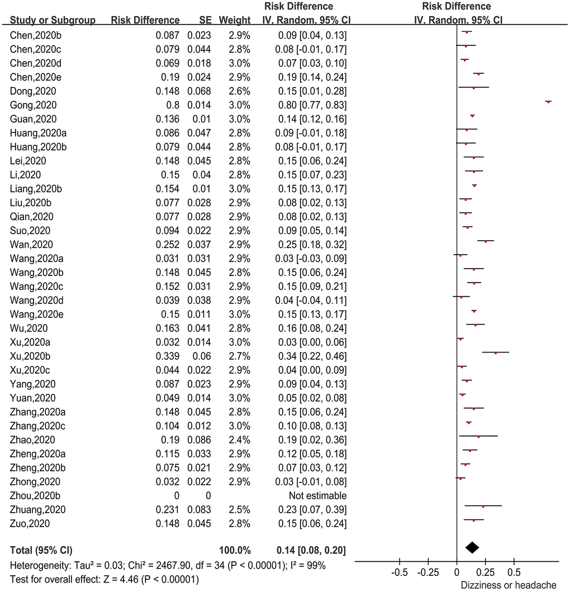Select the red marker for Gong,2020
[x=548, y=102]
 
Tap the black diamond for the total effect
[x=472, y=547]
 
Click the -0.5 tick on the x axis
[x=400, y=573]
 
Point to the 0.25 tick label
[x=486, y=573]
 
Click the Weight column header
[x=234, y=20]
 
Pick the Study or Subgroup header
[x=53, y=20]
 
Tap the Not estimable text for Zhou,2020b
[x=317, y=496]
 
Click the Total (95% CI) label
[x=41, y=551]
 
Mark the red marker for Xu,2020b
[x=495, y=353]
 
